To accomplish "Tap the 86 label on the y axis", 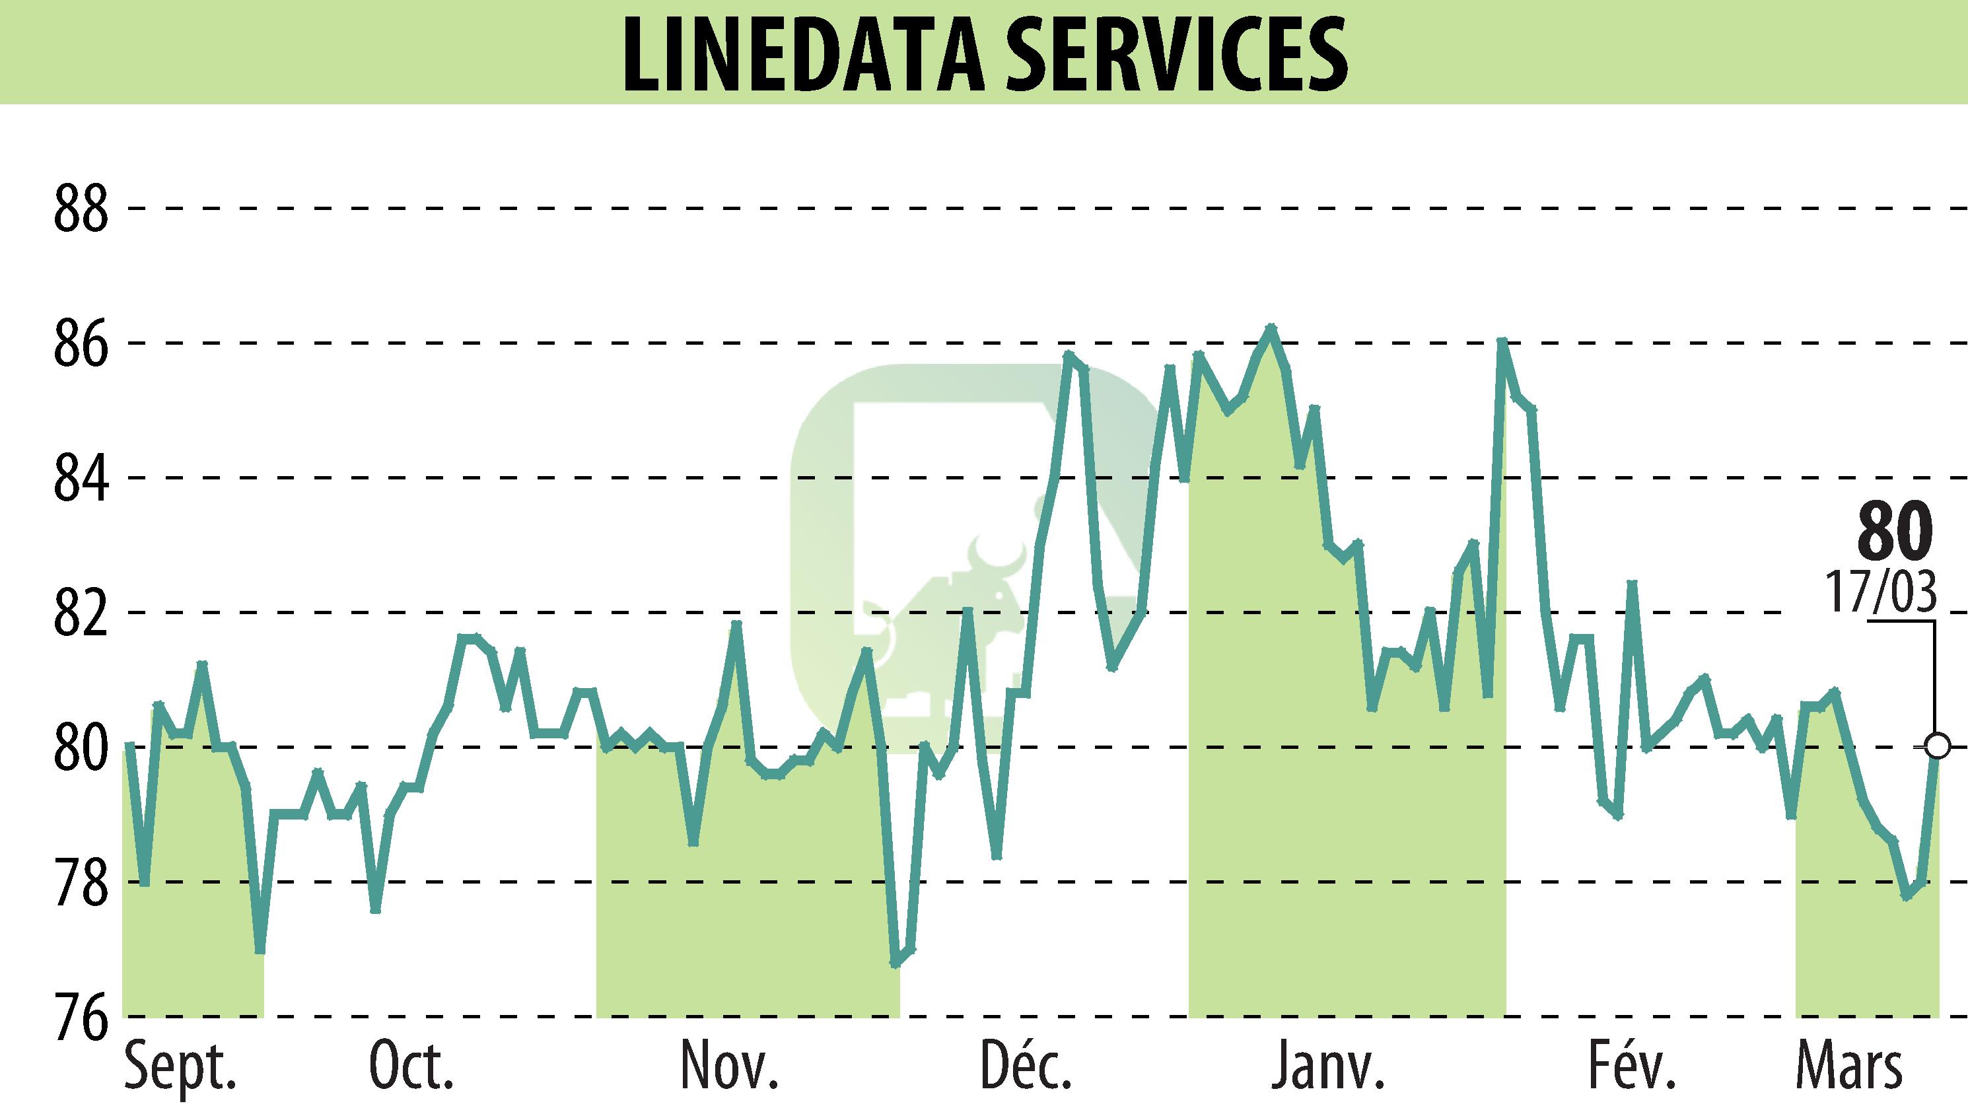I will tap(81, 343).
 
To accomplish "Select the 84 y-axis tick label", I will tap(81, 477).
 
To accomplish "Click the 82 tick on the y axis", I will tap(81, 613).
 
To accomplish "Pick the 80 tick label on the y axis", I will tap(81, 747).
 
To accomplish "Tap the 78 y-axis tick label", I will tap(81, 882).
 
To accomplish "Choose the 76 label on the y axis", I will tap(81, 1018).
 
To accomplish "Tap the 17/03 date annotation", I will tap(1881, 594).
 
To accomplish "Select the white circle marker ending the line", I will tap(1938, 746).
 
